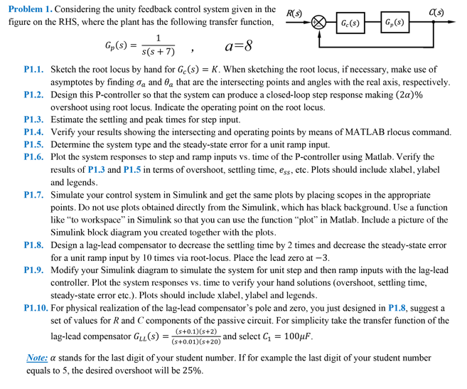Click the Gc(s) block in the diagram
click(350, 23)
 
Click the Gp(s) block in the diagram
click(394, 23)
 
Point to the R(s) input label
click(294, 14)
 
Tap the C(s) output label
click(436, 13)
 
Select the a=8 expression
click(238, 47)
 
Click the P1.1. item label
click(35, 70)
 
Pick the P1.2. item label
click(35, 95)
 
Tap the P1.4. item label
click(35, 132)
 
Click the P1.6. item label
click(35, 156)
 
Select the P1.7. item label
click(35, 194)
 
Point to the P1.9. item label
click(35, 270)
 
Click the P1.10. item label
click(37, 308)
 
